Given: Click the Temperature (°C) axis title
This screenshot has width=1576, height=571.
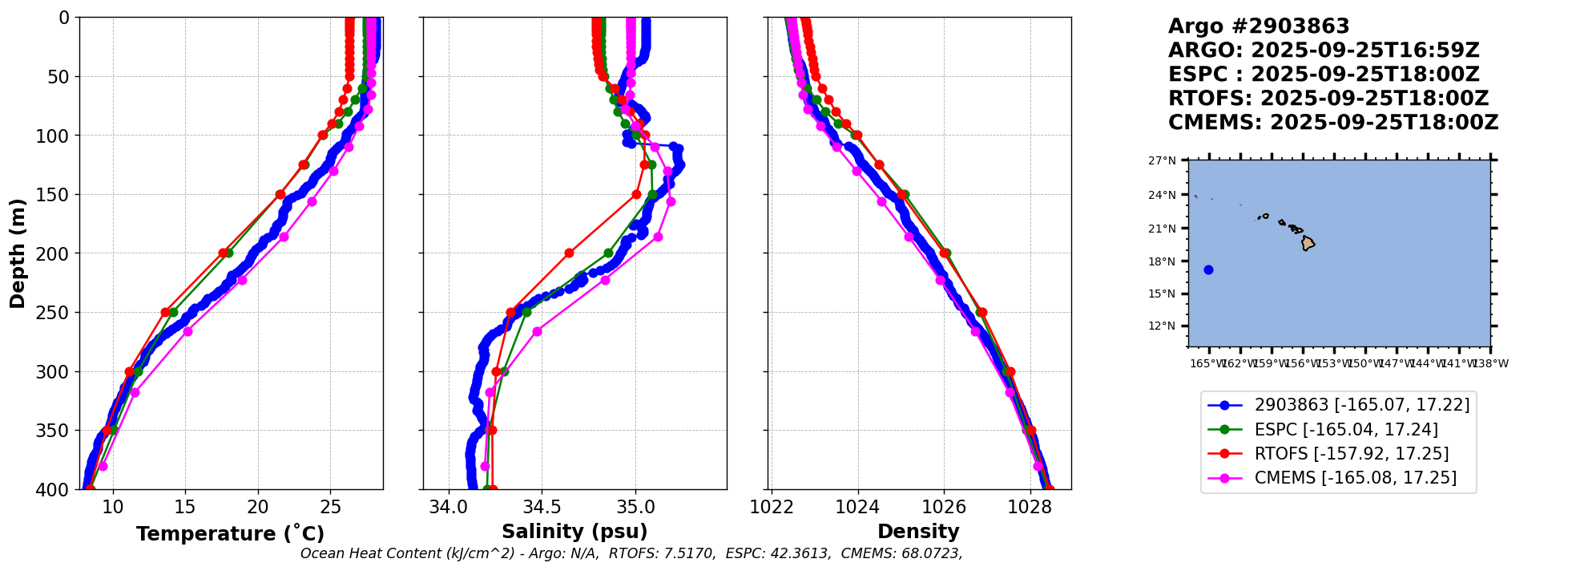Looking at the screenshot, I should coord(230,533).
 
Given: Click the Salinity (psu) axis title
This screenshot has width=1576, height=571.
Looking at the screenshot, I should coord(574,532).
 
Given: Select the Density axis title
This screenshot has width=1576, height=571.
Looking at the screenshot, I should coord(918,532).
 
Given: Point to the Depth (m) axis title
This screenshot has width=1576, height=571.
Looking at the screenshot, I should coord(18,253).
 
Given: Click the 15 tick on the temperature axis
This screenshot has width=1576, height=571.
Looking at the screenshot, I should coord(185,507).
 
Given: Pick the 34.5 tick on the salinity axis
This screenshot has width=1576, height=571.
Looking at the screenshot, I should coord(542,507).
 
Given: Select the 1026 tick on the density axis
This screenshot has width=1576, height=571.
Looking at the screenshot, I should coord(943,507).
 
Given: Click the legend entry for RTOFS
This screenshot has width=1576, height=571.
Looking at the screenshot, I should coord(1351,454).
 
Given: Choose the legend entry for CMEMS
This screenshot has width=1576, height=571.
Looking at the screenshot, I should coord(1355,478).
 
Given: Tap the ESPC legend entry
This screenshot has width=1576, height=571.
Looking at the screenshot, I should coord(1345,430).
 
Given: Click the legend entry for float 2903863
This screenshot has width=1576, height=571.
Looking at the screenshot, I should coord(1361,405).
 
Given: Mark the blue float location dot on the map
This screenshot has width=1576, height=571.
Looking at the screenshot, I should coord(1208,269).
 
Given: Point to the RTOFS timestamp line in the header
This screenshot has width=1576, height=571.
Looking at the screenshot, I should coord(1328,99).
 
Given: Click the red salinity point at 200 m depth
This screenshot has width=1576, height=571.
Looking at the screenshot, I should coord(569,253).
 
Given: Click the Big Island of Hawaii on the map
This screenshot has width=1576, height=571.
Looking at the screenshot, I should coord(1308,243).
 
